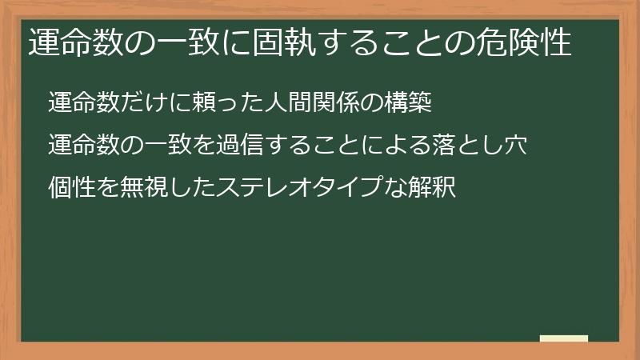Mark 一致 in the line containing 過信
click(178, 146)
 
